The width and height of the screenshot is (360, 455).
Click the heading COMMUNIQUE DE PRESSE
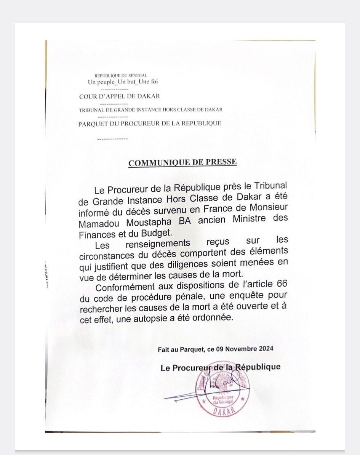182,163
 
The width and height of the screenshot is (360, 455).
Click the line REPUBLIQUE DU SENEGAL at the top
121,76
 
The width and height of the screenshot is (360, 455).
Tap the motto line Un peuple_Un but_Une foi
123,82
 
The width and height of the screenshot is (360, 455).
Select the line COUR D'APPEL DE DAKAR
120,96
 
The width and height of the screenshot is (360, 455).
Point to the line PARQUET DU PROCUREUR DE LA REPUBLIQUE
150,123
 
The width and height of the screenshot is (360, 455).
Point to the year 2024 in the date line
265,349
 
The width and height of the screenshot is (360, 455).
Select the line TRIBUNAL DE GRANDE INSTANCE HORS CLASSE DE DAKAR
150,110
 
